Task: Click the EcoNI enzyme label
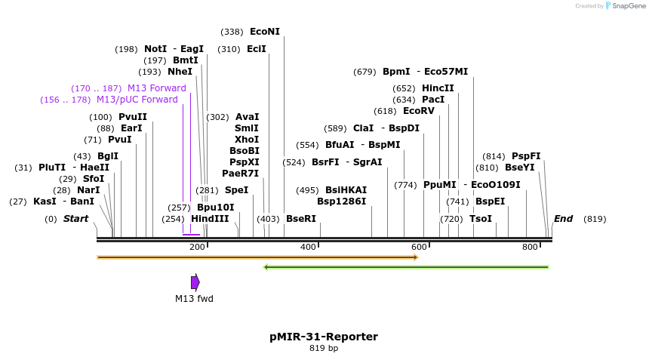click(x=264, y=32)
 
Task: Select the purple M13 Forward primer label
click(x=156, y=88)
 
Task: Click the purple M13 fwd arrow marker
click(x=195, y=282)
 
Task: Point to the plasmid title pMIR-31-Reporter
click(x=324, y=337)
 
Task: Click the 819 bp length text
click(x=324, y=349)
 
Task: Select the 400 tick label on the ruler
click(x=308, y=247)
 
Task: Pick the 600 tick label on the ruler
click(x=419, y=247)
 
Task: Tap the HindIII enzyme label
click(x=209, y=219)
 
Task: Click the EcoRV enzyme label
click(x=418, y=111)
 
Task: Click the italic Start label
click(x=75, y=219)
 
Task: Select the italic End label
click(x=563, y=219)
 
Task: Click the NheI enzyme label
click(x=180, y=72)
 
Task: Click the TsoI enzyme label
click(x=480, y=219)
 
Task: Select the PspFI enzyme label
click(x=526, y=156)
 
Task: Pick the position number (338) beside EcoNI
click(x=232, y=32)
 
